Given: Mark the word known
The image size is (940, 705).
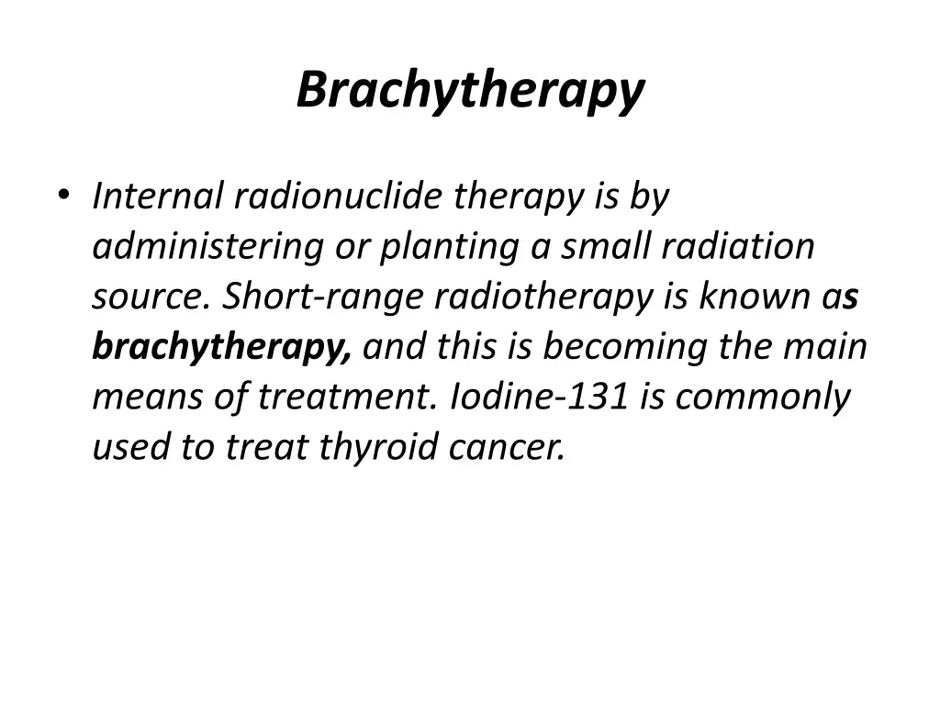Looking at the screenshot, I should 754,297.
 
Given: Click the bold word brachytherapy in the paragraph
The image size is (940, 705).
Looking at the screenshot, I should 221,348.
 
